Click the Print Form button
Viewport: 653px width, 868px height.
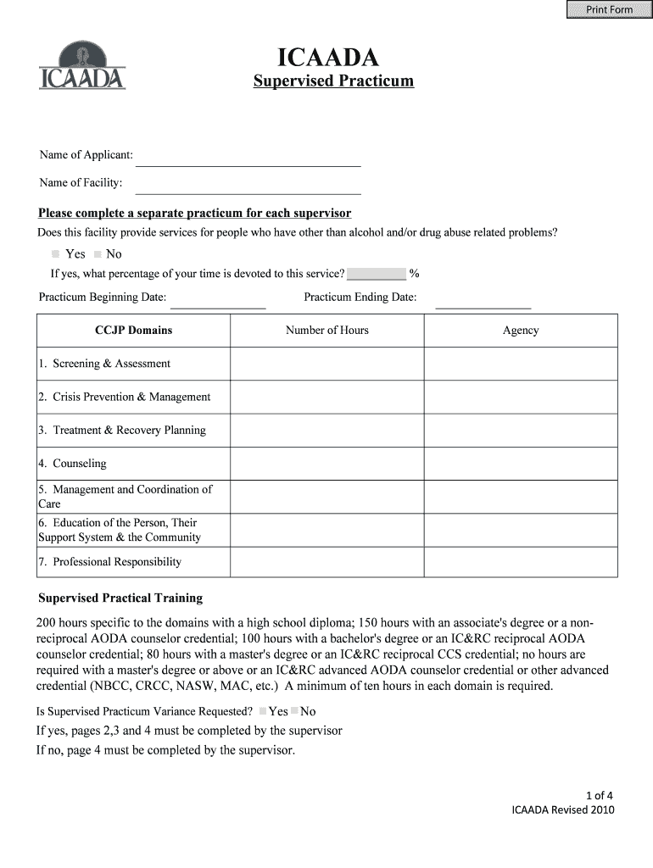tap(609, 9)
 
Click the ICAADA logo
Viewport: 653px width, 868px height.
tap(82, 66)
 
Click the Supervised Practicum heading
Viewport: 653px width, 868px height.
tap(333, 81)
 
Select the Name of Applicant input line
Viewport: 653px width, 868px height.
tap(248, 157)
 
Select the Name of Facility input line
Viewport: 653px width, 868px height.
tap(248, 185)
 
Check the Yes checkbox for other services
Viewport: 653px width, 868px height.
tap(56, 254)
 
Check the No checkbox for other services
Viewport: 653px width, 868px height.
tap(98, 254)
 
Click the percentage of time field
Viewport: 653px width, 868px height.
tap(377, 274)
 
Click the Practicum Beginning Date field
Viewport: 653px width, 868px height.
tap(218, 299)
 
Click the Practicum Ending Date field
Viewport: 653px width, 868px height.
tap(483, 299)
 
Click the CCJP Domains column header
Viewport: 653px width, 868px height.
tap(133, 331)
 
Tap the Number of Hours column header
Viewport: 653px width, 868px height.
tap(326, 331)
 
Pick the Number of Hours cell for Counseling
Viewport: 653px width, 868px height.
tap(326, 464)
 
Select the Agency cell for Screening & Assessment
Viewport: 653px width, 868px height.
tap(520, 364)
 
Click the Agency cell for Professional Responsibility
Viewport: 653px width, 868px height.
tap(520, 562)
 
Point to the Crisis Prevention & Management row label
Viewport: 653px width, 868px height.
tap(124, 397)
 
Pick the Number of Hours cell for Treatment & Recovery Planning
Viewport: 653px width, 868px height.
tap(326, 430)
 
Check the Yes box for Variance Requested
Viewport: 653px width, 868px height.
tap(264, 711)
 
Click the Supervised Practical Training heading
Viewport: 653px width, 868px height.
tap(120, 598)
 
